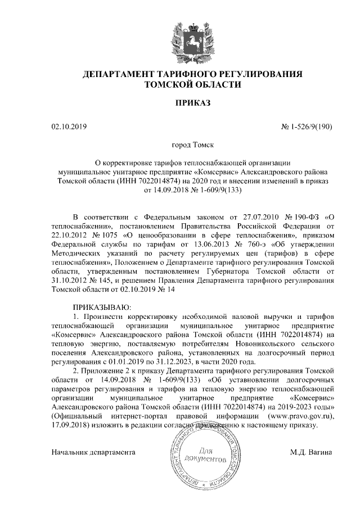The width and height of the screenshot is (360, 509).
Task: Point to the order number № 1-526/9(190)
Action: point(307,127)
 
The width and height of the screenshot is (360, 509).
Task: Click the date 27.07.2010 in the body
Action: point(249,217)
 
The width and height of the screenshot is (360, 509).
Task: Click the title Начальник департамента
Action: point(94,452)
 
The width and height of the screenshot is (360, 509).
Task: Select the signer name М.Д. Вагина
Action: point(311,452)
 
